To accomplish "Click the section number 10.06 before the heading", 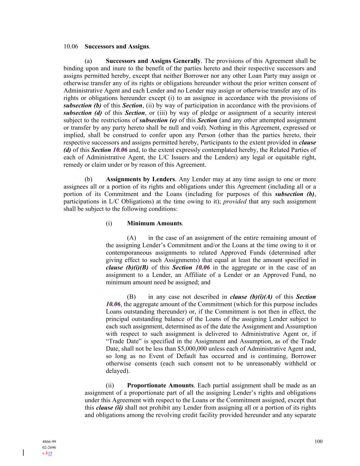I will click(71, 46).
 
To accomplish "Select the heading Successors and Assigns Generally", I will click(153, 61).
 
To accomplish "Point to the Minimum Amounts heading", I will click(154, 223).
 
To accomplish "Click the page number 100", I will click(318, 441).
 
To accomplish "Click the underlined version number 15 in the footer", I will click(50, 453).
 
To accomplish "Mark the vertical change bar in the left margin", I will click(23, 453).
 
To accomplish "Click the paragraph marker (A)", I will click(131, 238).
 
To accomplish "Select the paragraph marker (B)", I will click(131, 297).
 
